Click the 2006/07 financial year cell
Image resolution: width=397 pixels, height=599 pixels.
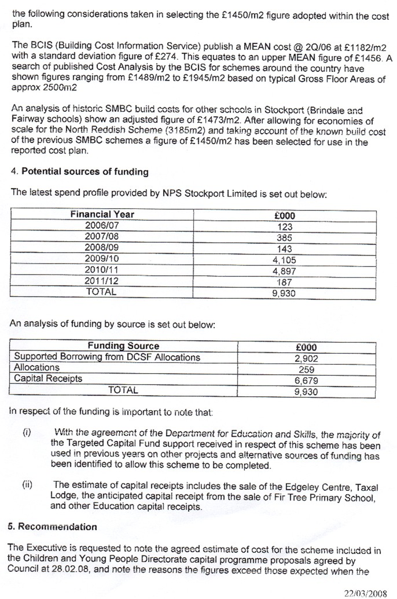(102, 225)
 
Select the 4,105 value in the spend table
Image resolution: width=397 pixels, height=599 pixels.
(284, 260)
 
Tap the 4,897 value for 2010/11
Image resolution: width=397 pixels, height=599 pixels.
(284, 271)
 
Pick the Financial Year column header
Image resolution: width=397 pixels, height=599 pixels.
(102, 214)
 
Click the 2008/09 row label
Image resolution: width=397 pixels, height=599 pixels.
(102, 247)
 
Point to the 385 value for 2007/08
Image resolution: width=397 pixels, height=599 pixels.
(284, 238)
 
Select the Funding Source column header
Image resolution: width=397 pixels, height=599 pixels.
(123, 346)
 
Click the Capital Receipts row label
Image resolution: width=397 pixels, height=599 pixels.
(48, 379)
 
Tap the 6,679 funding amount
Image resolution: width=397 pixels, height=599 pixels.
(306, 381)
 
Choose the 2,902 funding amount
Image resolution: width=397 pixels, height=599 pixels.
(306, 359)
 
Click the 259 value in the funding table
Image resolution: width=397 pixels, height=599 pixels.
(306, 370)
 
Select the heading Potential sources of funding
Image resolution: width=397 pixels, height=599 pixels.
(85, 172)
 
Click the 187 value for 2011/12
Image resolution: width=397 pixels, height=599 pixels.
(284, 282)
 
